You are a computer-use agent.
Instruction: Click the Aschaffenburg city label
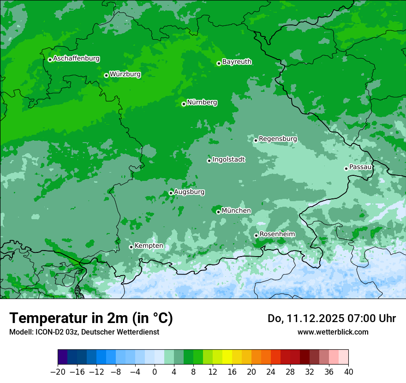(x=76, y=59)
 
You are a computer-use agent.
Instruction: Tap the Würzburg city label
(x=125, y=74)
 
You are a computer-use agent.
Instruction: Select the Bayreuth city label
(x=237, y=62)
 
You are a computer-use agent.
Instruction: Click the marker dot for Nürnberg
(x=184, y=104)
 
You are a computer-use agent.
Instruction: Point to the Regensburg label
(x=278, y=139)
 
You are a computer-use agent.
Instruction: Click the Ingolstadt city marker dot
(x=209, y=161)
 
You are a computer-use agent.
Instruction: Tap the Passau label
(x=360, y=167)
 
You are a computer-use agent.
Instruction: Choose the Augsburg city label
(x=189, y=192)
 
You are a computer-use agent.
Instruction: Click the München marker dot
(x=218, y=212)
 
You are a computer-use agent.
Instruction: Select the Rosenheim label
(x=277, y=234)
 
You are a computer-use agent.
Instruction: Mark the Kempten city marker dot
(x=131, y=247)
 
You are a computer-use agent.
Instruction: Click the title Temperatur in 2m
(x=91, y=318)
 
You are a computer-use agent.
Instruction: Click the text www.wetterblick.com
(x=333, y=332)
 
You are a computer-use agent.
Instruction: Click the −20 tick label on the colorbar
(x=58, y=372)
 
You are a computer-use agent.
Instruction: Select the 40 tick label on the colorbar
(x=348, y=372)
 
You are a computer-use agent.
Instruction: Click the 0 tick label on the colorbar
(x=155, y=372)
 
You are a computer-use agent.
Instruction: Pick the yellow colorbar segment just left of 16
(x=227, y=357)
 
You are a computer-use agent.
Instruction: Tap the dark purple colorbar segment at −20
(x=63, y=357)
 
